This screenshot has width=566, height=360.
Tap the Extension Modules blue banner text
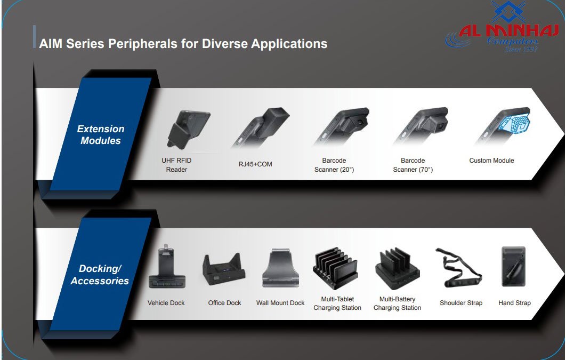tap(100, 135)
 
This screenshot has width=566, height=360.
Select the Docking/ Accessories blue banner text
tap(100, 275)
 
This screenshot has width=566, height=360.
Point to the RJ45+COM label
tap(255, 164)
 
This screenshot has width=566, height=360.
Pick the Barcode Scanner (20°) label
tap(334, 165)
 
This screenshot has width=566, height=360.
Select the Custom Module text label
tap(491, 161)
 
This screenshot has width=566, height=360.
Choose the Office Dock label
tap(224, 303)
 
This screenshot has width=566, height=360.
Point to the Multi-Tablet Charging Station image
tap(336, 269)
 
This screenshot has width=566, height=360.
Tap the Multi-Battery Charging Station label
tap(397, 303)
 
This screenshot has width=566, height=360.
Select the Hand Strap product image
tap(514, 267)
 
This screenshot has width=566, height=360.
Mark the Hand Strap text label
tap(514, 303)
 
